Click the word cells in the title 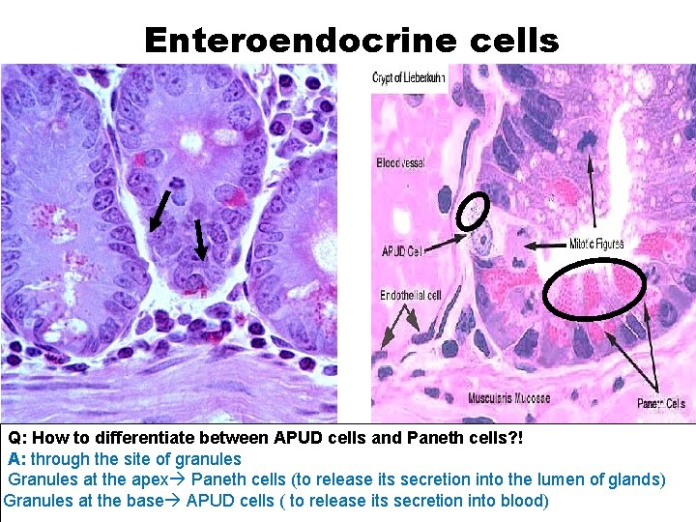coord(510,40)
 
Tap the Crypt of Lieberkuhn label coord(409,77)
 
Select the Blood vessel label coord(400,163)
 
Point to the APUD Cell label coord(402,251)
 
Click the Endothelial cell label coord(411,295)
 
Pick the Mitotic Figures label coord(596,246)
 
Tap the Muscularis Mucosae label coord(509,398)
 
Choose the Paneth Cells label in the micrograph coord(661,403)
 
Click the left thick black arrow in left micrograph coord(159,211)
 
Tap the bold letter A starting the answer coord(14,459)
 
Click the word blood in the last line coord(526,501)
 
